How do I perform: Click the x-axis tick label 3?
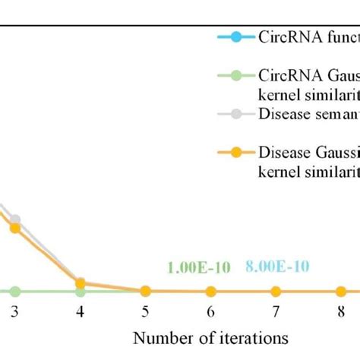(15, 311)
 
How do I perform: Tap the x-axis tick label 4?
(81, 311)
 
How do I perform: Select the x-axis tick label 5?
(146, 311)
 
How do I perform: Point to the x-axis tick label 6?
(210, 311)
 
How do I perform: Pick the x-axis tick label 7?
(276, 311)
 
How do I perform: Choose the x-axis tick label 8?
(341, 311)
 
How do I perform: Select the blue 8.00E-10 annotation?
(277, 267)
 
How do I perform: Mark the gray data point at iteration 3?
(15, 219)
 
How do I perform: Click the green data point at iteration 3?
(15, 291)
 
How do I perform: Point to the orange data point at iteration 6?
(210, 291)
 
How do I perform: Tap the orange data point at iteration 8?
(341, 291)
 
